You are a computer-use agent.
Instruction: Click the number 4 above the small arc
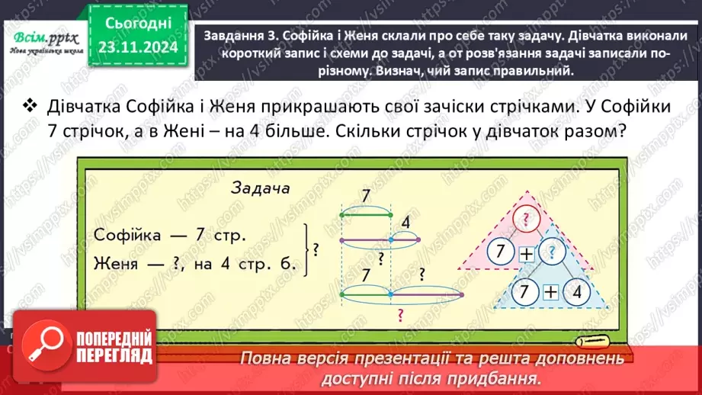pos(405,223)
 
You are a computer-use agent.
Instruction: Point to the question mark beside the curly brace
pos(316,249)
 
